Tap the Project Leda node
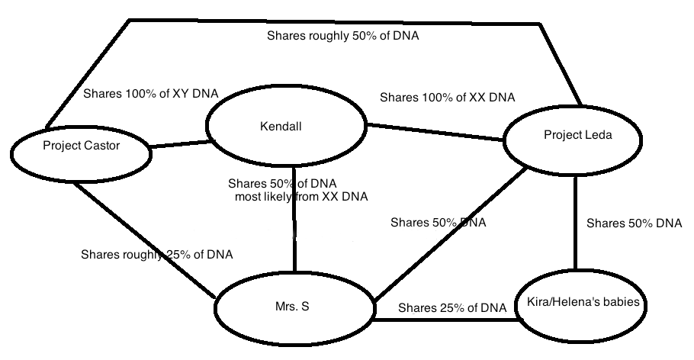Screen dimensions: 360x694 click(577, 145)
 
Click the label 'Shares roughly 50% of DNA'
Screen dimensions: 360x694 click(343, 36)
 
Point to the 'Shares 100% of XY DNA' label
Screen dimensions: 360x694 click(150, 94)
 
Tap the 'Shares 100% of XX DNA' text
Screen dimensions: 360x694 click(447, 98)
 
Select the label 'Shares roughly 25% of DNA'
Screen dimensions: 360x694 click(157, 255)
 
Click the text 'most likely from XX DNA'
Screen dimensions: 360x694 click(301, 197)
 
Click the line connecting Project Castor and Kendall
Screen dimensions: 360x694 click(181, 142)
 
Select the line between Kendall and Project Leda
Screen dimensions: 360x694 click(435, 131)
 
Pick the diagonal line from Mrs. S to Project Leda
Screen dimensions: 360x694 click(450, 233)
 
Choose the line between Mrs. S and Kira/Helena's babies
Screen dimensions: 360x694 click(446, 319)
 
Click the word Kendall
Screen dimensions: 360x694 click(281, 126)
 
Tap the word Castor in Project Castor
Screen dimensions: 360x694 click(102, 145)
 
